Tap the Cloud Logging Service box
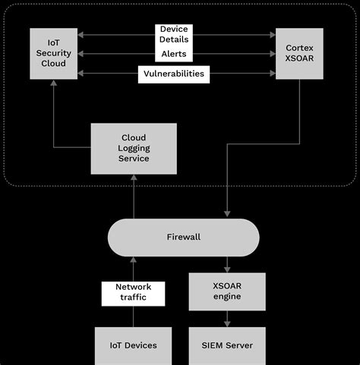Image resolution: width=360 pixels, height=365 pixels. [134, 148]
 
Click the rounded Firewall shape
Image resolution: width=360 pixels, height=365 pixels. [183, 237]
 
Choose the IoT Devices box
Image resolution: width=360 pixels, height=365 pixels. [132, 345]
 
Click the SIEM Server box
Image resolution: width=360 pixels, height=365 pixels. [226, 345]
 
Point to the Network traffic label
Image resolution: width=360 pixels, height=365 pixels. [134, 292]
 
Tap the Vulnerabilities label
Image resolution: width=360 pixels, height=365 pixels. [173, 74]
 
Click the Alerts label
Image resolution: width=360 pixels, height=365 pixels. [173, 54]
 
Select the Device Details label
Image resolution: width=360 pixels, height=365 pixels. [173, 34]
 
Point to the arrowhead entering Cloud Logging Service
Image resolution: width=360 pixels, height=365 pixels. [134, 177]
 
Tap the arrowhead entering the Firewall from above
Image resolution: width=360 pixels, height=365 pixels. [226, 216]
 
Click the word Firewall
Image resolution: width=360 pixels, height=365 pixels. [183, 237]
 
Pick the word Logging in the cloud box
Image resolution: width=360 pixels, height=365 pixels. [134, 148]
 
